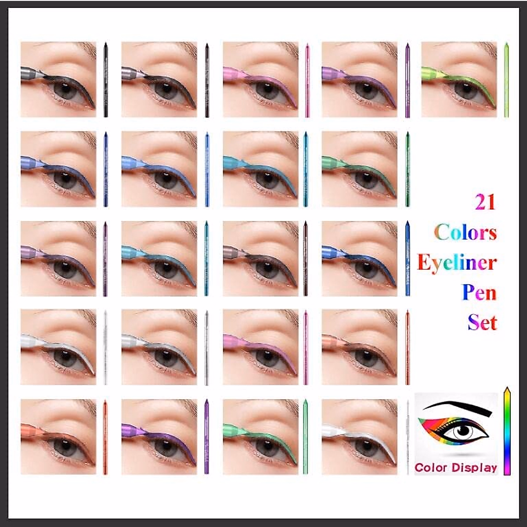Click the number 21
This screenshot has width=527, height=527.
tap(485, 202)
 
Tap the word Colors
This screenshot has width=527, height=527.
tap(466, 232)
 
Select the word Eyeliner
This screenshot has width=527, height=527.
tap(457, 263)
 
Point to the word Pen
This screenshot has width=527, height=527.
tap(479, 292)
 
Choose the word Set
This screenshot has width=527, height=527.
tap(482, 322)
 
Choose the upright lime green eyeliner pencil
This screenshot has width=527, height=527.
tap(506, 80)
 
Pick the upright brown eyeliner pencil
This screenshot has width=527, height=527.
tap(306, 259)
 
